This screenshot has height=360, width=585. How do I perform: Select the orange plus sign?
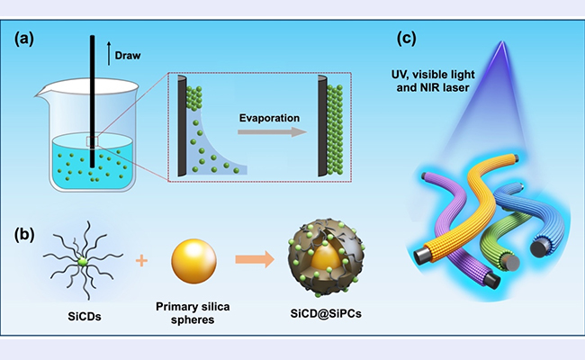click(x=141, y=262)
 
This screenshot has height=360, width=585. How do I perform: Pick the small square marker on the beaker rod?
click(x=93, y=141)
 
